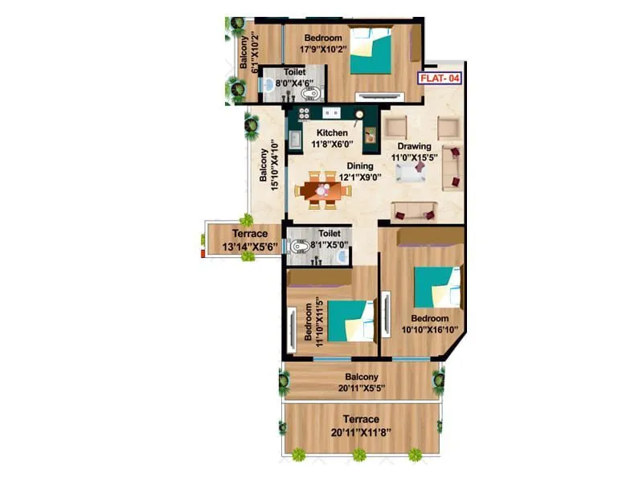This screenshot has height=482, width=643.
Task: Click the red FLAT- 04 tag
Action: tap(438, 79)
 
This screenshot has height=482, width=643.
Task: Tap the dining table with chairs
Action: tap(323, 190)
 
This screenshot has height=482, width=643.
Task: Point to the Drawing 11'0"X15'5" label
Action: tap(412, 153)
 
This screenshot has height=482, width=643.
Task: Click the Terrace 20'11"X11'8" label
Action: tap(362, 425)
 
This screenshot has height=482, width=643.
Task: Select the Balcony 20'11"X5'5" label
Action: tap(362, 382)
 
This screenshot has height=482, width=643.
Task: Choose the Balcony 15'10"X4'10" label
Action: tap(269, 169)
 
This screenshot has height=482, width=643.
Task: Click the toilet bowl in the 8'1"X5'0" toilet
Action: tap(299, 247)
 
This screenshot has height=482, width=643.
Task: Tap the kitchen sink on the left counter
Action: tap(296, 140)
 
